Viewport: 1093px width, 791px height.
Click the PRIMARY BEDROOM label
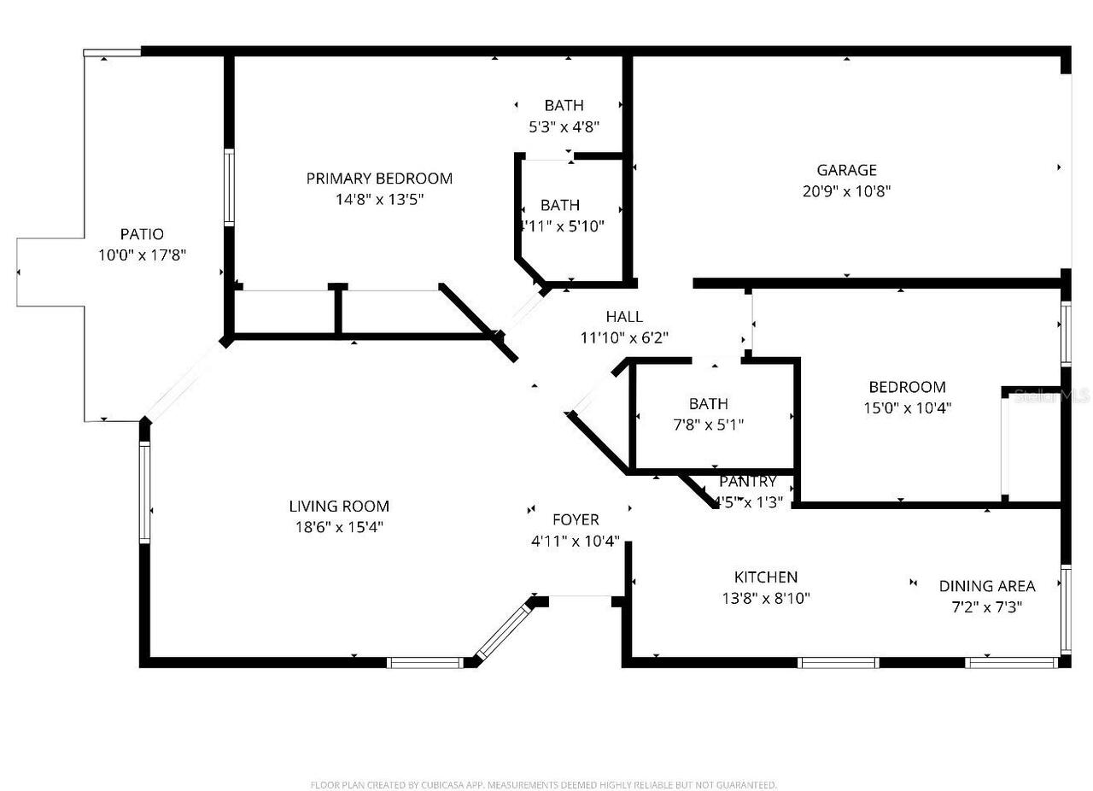pyautogui.click(x=379, y=179)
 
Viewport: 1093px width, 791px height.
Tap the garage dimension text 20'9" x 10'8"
pyautogui.click(x=846, y=191)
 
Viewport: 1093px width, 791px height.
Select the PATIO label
pyautogui.click(x=142, y=234)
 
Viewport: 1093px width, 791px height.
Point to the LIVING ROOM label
pyautogui.click(x=339, y=507)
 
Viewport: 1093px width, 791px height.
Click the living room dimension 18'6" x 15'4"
pyautogui.click(x=339, y=528)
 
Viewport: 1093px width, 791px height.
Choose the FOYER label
pyautogui.click(x=576, y=519)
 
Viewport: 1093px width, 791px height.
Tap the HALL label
pyautogui.click(x=624, y=317)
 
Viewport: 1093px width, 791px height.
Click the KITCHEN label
pyautogui.click(x=766, y=577)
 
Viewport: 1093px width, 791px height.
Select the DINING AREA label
pyautogui.click(x=987, y=586)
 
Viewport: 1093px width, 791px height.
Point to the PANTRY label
pyautogui.click(x=748, y=482)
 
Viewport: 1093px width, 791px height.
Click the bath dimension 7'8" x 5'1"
pyautogui.click(x=709, y=425)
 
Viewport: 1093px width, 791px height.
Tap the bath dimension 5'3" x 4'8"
pyautogui.click(x=564, y=127)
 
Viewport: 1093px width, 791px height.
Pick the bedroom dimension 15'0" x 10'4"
pyautogui.click(x=907, y=408)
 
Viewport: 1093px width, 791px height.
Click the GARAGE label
pyautogui.click(x=846, y=170)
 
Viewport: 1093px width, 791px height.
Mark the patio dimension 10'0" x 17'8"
pyautogui.click(x=142, y=255)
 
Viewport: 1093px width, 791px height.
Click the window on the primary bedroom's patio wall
pyautogui.click(x=229, y=188)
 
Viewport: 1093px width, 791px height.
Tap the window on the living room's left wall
pyautogui.click(x=144, y=492)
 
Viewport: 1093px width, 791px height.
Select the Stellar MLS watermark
pyautogui.click(x=1051, y=396)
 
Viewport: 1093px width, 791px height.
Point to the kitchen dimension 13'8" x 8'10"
pyautogui.click(x=766, y=599)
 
